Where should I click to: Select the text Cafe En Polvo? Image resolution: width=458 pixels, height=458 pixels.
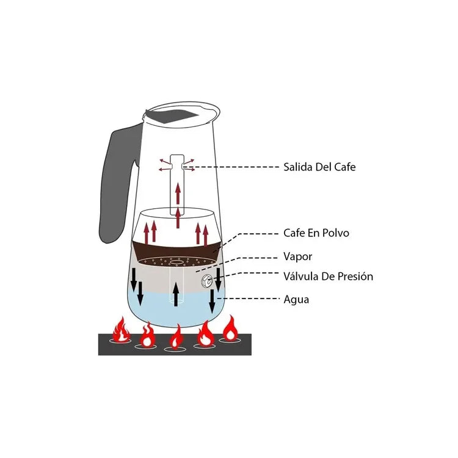coord(316,233)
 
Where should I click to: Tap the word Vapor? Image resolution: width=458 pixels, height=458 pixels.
coord(298,256)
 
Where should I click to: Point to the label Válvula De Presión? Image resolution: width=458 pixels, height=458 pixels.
coord(329,277)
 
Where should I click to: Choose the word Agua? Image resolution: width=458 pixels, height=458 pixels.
coord(296,299)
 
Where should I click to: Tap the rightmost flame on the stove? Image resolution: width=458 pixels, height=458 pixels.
coord(230,329)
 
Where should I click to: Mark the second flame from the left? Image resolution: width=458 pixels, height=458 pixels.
coord(147,334)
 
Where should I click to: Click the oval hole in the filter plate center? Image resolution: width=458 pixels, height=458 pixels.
coord(176,264)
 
